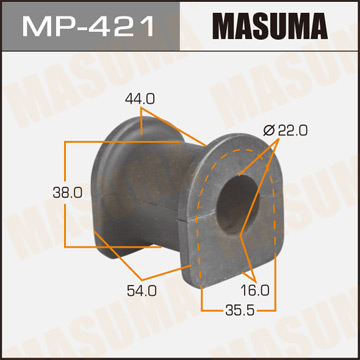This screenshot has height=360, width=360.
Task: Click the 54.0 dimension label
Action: [143, 292]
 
